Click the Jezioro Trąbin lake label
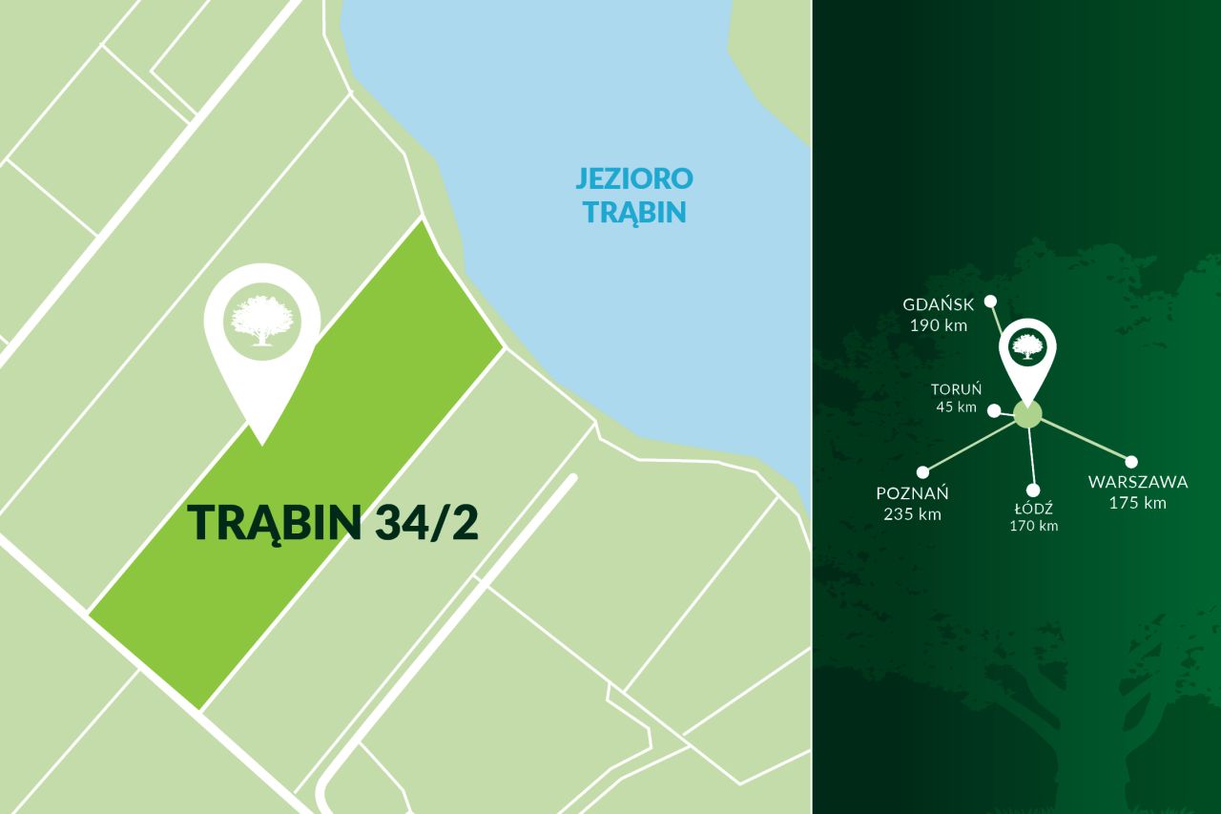click(634, 195)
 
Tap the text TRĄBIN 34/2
click(333, 522)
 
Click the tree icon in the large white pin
click(260, 320)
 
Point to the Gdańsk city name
click(939, 304)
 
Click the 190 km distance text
click(939, 324)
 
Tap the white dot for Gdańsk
click(991, 299)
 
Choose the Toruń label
click(956, 389)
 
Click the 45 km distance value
click(956, 407)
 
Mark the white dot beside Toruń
click(994, 410)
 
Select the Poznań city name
click(912, 493)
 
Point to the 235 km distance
click(912, 514)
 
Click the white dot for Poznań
click(922, 471)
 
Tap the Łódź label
click(1034, 509)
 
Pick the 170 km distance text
click(1034, 526)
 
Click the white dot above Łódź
click(1033, 490)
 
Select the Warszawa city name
click(1138, 482)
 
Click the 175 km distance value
click(1138, 503)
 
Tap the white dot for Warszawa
click(1131, 462)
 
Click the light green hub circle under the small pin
click(1027, 414)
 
